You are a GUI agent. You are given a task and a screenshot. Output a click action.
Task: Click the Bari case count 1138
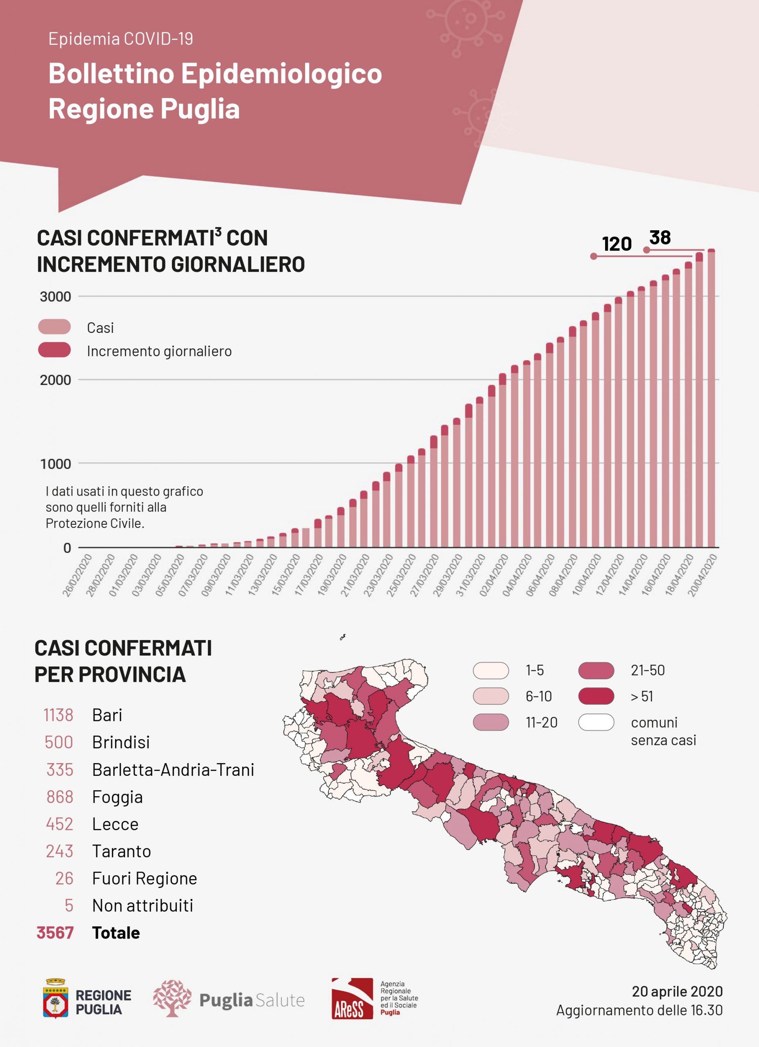pyautogui.click(x=58, y=715)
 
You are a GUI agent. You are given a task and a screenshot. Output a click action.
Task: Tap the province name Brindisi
pyautogui.click(x=121, y=742)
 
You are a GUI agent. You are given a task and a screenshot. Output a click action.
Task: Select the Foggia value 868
pyautogui.click(x=60, y=797)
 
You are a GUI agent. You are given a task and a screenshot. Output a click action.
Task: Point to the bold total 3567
pyautogui.click(x=55, y=932)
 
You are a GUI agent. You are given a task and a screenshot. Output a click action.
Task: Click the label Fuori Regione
pyautogui.click(x=144, y=878)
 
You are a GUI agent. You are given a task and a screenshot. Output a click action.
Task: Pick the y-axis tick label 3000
pyautogui.click(x=55, y=297)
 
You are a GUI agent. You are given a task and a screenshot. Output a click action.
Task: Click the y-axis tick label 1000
pyautogui.click(x=55, y=464)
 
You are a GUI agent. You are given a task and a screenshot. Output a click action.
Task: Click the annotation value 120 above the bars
pyautogui.click(x=617, y=244)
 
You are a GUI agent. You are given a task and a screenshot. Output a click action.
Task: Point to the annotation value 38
pyautogui.click(x=660, y=238)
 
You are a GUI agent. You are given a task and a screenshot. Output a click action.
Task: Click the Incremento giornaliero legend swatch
pyautogui.click(x=54, y=350)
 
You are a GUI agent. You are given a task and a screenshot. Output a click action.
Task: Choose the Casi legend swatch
pyautogui.click(x=54, y=327)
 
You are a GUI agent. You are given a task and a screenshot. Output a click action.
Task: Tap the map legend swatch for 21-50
pyautogui.click(x=596, y=670)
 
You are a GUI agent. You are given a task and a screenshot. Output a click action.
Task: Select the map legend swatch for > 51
pyautogui.click(x=596, y=696)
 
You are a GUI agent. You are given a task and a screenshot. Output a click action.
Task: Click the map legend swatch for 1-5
pyautogui.click(x=490, y=670)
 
